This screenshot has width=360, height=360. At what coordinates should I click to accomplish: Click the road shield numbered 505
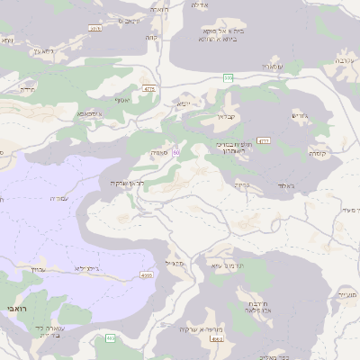click(x=229, y=78)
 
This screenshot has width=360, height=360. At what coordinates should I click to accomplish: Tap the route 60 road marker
click(x=176, y=153)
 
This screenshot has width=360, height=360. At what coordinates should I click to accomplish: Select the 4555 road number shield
click(x=146, y=274)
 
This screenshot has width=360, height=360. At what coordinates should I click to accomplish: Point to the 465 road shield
click(x=110, y=337)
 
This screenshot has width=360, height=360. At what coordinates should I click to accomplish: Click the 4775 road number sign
click(x=148, y=89)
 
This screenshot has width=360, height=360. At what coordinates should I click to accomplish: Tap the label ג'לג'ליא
click(x=102, y=268)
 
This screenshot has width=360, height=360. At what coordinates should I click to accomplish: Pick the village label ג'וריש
click(x=301, y=115)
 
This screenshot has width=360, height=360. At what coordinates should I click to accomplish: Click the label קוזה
click(x=152, y=38)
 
